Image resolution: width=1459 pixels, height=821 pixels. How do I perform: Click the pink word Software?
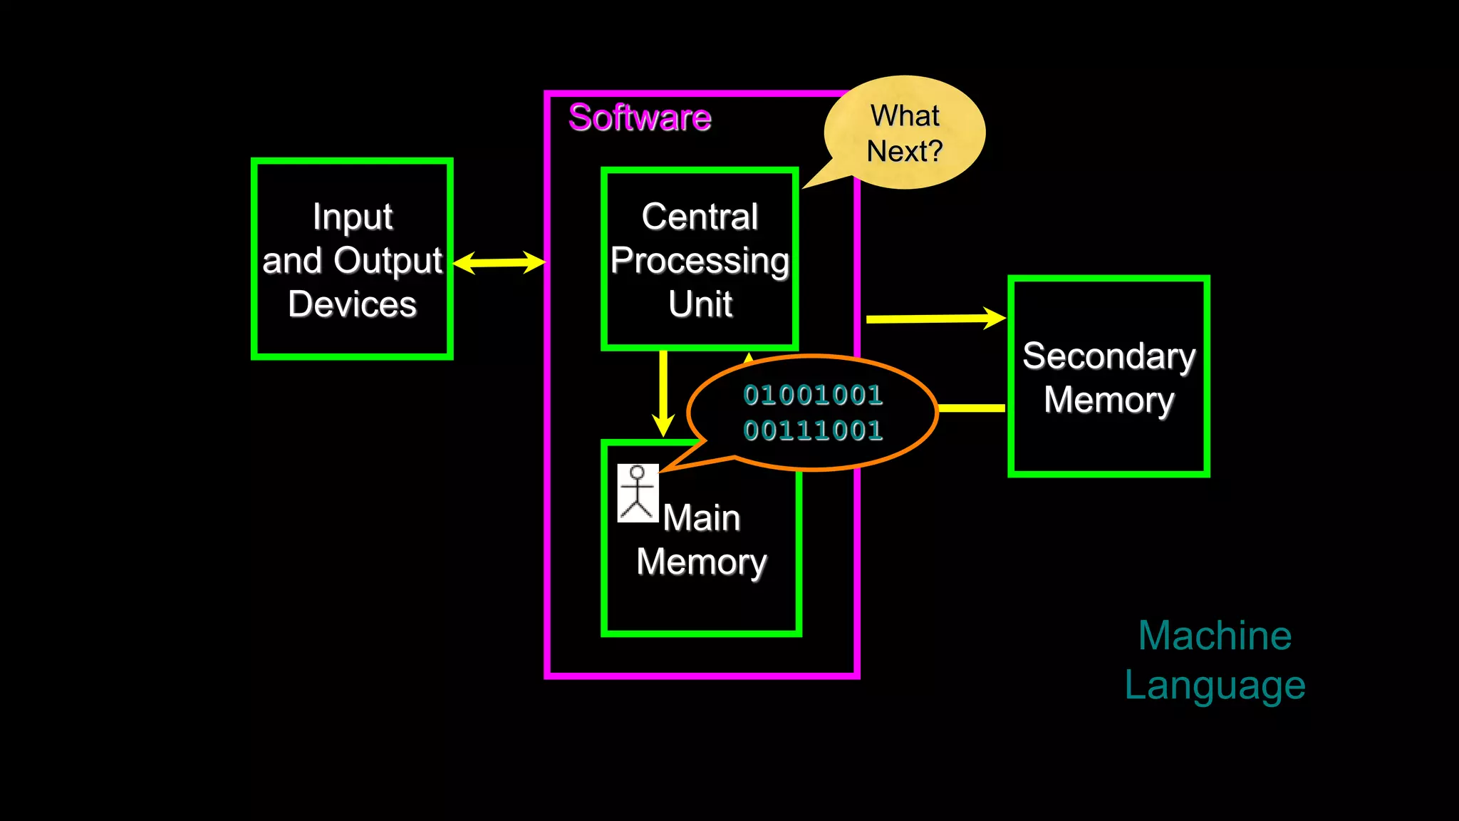point(639,118)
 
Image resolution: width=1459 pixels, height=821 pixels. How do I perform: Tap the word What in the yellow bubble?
point(905,115)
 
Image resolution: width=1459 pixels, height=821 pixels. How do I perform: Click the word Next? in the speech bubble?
point(904,151)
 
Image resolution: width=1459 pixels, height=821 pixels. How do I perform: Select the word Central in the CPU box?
point(700,217)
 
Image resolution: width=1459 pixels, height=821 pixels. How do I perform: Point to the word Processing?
point(700,262)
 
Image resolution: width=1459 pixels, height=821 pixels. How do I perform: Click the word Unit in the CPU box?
point(700,304)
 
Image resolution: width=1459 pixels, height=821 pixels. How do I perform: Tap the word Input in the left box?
point(352,217)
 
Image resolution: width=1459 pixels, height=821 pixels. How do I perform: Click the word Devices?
point(352,304)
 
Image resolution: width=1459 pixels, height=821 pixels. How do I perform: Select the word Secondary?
point(1108,356)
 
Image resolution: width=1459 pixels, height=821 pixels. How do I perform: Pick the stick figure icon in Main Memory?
point(638,493)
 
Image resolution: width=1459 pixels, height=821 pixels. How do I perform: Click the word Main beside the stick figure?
point(702,518)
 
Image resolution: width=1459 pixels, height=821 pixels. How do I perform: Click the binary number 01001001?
point(813,395)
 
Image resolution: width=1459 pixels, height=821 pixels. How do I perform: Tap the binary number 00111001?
point(813,430)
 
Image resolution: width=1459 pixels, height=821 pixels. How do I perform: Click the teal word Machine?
point(1215,636)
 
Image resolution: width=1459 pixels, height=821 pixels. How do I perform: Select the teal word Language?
point(1215,686)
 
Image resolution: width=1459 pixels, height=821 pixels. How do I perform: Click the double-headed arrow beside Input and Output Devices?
point(499,262)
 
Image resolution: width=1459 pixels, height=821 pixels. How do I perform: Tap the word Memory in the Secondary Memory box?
point(1108,401)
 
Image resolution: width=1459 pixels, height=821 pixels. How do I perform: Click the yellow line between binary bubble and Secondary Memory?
point(972,408)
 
